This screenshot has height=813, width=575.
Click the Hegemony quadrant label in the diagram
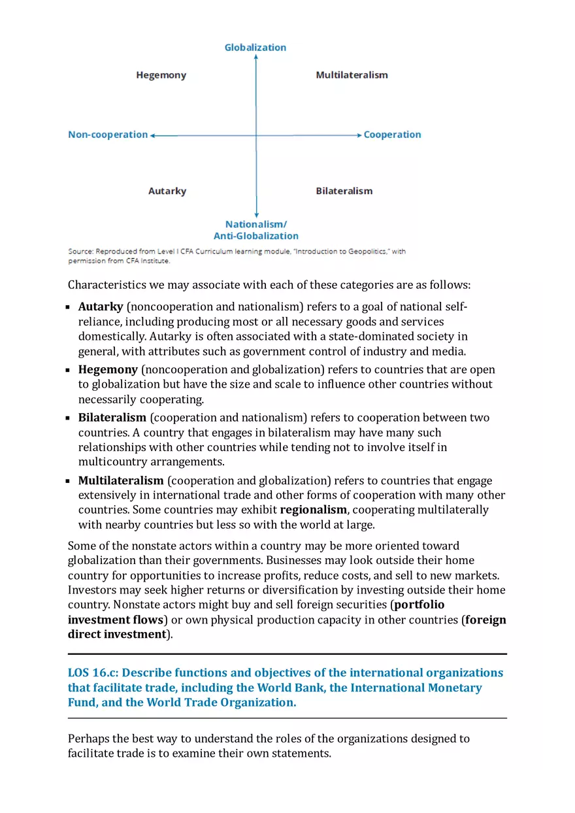click(161, 75)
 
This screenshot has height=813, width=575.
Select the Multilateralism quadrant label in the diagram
click(352, 75)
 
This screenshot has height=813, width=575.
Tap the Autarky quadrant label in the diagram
click(167, 191)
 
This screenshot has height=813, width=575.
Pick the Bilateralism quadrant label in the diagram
click(344, 191)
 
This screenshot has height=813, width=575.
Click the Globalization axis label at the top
click(255, 48)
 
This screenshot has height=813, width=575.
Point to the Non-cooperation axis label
click(108, 135)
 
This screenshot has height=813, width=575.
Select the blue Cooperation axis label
click(392, 135)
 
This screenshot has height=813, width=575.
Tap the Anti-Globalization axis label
click(256, 236)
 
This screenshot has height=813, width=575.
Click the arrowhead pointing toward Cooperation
click(359, 135)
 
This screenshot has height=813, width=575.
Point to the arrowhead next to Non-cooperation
click(152, 135)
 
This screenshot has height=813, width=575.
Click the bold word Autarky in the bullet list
click(101, 307)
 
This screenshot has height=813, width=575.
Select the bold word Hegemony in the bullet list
click(108, 370)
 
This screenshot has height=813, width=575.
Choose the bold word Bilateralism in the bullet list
click(112, 418)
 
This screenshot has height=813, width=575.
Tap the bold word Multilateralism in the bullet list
click(121, 481)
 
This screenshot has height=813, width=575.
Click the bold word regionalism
click(313, 510)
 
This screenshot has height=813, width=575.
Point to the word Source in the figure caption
click(80, 252)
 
